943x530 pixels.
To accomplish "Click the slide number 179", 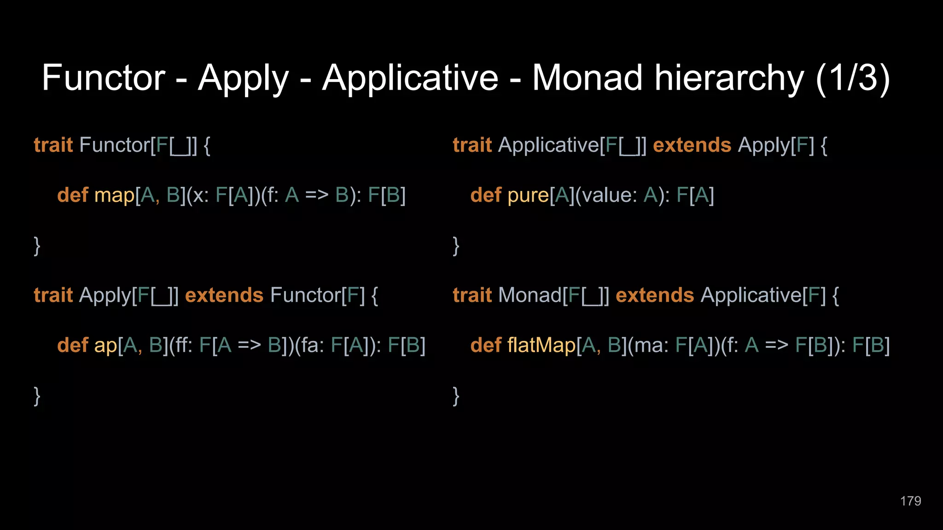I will [910, 501].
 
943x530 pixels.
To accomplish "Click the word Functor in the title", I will [103, 78].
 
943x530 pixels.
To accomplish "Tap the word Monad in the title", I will [587, 78].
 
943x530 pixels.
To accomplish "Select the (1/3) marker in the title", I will [852, 78].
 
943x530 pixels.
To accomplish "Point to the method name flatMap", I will [541, 345].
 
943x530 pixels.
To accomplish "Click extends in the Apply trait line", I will [224, 295].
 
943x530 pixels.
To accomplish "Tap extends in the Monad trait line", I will [654, 295].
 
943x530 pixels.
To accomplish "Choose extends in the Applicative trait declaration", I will [692, 145].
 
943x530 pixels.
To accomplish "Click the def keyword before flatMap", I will [485, 345].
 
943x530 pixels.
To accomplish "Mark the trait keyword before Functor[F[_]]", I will [53, 145].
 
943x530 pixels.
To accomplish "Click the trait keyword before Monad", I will [472, 295].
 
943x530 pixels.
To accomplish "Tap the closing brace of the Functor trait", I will [37, 246].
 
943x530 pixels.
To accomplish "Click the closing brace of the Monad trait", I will [456, 396].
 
